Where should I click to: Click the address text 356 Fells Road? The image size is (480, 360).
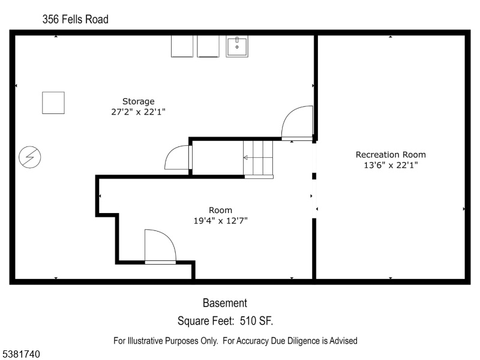(76, 19)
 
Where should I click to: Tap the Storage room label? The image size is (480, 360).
(139, 101)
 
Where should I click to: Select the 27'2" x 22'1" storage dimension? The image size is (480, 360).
(139, 112)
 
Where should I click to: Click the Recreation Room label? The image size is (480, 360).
(391, 155)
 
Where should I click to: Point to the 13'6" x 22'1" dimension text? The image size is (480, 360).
(391, 165)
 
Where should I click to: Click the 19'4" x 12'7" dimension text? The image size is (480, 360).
(220, 220)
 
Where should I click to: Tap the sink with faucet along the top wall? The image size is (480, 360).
(237, 47)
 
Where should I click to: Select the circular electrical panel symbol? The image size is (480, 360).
(29, 157)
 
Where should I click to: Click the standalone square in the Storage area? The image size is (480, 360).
(53, 103)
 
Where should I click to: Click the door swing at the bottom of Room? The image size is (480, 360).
(160, 246)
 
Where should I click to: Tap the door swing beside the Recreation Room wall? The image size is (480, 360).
(297, 123)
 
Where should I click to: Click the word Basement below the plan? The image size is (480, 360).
(225, 303)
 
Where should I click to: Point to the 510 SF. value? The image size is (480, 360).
(256, 321)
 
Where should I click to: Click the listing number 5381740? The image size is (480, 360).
(20, 354)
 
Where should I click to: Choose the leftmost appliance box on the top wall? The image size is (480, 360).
(182, 47)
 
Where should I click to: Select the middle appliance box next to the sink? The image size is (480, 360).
(208, 47)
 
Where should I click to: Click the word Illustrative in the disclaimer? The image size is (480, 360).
(145, 341)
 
